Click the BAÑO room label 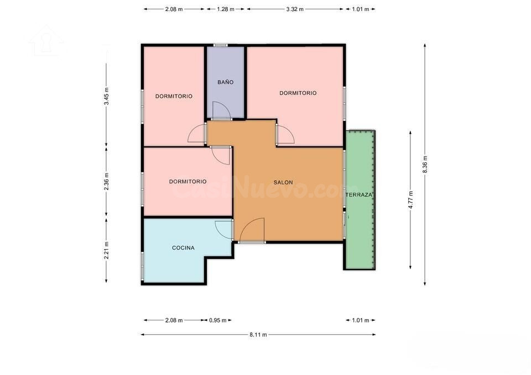(226, 82)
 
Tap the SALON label (283, 183)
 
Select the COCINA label (183, 248)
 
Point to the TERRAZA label (358, 195)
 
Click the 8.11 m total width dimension (258, 335)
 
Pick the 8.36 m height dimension (425, 165)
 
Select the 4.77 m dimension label (410, 200)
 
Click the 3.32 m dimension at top (295, 9)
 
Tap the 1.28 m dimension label (226, 9)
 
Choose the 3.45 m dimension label (106, 96)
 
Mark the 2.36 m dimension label (106, 182)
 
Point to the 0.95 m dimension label (218, 320)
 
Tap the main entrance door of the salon (252, 230)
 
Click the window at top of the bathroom (221, 45)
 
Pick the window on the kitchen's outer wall (143, 266)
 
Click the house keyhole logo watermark (46, 40)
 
